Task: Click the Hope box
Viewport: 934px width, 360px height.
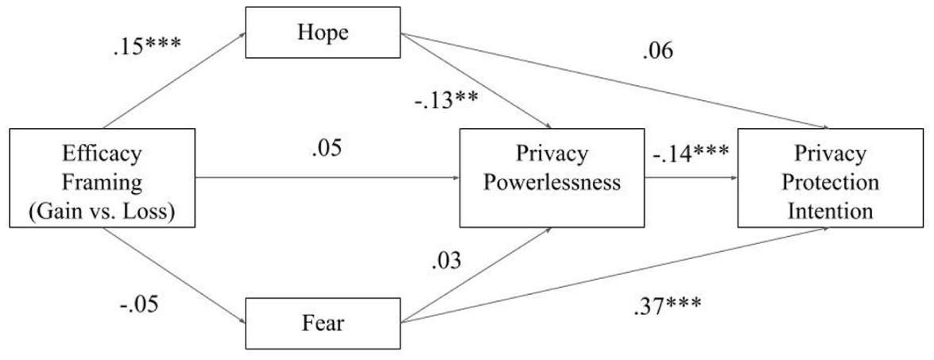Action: click(x=323, y=32)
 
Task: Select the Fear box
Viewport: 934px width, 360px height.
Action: click(x=323, y=323)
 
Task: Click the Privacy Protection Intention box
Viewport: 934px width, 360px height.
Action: click(x=831, y=178)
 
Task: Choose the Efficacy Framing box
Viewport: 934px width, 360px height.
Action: click(x=103, y=178)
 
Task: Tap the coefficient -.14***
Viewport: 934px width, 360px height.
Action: click(x=690, y=153)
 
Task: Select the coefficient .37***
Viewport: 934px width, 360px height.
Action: click(x=667, y=306)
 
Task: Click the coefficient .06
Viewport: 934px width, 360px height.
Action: click(x=657, y=52)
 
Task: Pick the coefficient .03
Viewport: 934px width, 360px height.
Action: click(x=446, y=261)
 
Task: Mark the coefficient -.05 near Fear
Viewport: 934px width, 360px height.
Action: click(x=139, y=305)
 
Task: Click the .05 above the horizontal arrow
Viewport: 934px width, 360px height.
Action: click(x=327, y=149)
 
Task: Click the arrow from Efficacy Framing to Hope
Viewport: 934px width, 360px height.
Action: click(x=175, y=80)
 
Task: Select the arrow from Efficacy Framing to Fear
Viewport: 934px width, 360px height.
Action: click(x=175, y=276)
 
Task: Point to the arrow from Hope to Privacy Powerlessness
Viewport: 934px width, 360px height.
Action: click(x=475, y=80)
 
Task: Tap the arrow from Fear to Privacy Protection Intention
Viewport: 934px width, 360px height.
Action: click(x=615, y=276)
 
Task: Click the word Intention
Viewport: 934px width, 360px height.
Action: click(x=831, y=211)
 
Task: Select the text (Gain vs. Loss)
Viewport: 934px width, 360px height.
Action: click(x=102, y=211)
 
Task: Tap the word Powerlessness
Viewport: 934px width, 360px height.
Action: click(x=551, y=181)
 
